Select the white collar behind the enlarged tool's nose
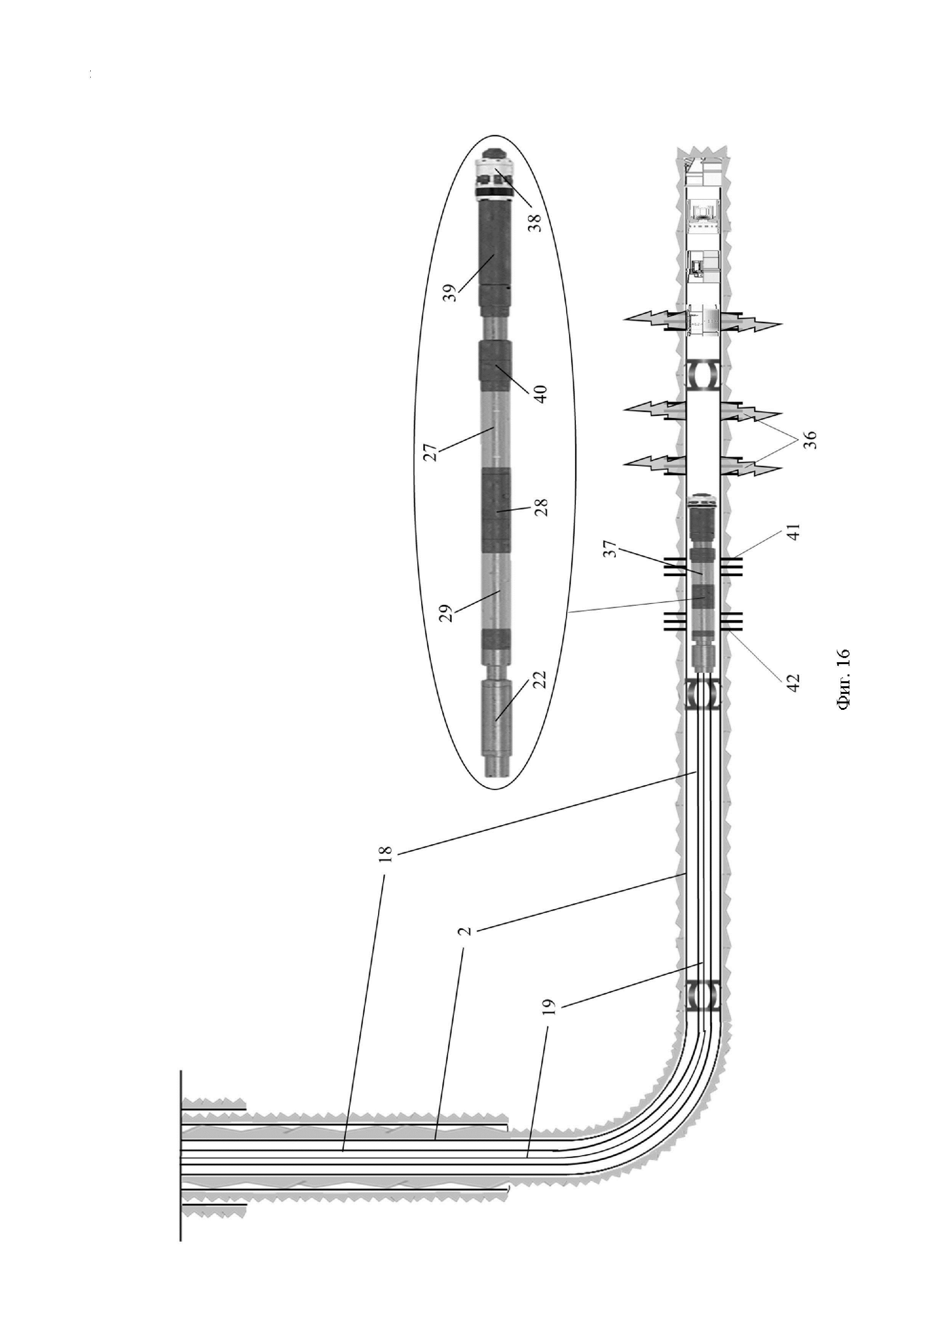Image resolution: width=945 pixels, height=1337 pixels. (x=495, y=175)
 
